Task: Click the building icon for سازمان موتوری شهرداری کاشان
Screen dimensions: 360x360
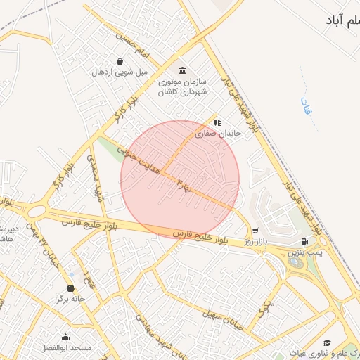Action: pyautogui.click(x=183, y=71)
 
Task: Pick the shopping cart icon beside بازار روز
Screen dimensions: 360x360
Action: pyautogui.click(x=255, y=230)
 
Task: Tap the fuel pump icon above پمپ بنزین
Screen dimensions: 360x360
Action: pyautogui.click(x=304, y=241)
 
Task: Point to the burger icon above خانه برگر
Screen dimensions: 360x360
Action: pyautogui.click(x=70, y=288)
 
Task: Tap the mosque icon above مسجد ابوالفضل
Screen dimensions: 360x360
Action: pyautogui.click(x=66, y=337)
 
